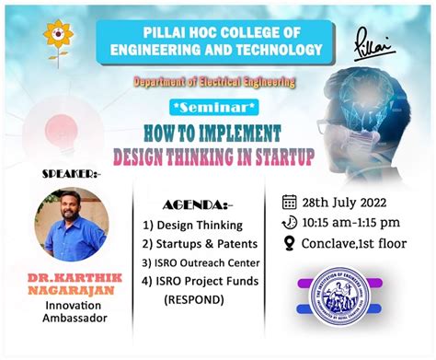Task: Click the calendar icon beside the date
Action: click(289, 203)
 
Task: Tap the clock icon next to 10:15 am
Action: click(289, 223)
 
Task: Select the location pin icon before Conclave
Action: click(289, 243)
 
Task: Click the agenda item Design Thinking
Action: click(200, 224)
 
